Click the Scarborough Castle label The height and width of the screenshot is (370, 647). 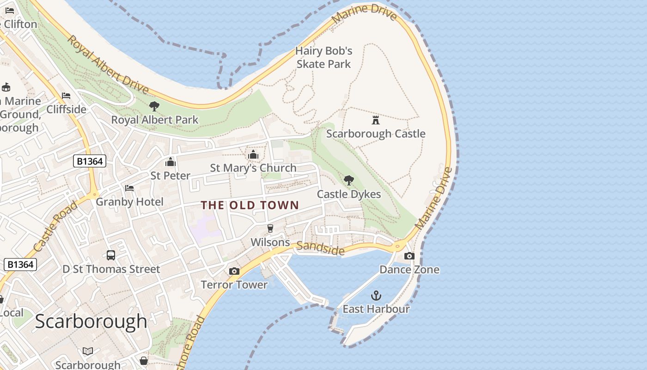click(x=375, y=134)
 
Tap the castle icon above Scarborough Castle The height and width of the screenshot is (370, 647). click(x=376, y=120)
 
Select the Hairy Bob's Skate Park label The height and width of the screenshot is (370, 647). click(x=324, y=57)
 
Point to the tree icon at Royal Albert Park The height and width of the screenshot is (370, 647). click(x=154, y=106)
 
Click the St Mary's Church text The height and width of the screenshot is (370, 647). click(x=253, y=168)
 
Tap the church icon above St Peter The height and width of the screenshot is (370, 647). click(x=171, y=162)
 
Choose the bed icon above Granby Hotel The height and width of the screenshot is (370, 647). click(x=129, y=188)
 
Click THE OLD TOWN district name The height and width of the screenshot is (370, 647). click(x=250, y=205)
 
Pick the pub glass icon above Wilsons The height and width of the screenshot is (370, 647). click(x=270, y=228)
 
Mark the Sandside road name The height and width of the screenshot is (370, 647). click(x=320, y=248)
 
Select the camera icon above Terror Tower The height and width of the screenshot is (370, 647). click(x=234, y=271)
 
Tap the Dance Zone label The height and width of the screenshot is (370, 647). click(x=409, y=269)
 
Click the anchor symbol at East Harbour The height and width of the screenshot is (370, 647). click(x=376, y=295)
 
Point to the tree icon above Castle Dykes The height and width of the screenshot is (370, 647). click(x=349, y=180)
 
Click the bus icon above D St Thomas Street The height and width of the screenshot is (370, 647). click(x=111, y=255)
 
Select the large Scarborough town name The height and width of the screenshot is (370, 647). click(x=91, y=321)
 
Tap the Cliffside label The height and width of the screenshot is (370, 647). click(x=66, y=109)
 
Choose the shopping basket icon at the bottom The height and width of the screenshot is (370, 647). click(x=144, y=360)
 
